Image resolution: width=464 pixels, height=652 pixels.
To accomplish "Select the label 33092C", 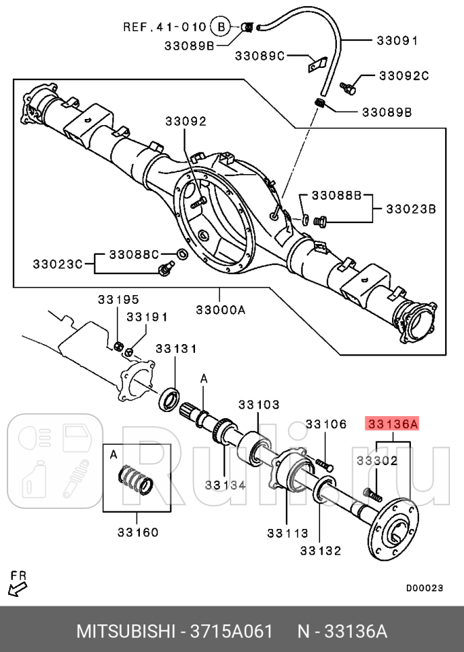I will [x=403, y=76].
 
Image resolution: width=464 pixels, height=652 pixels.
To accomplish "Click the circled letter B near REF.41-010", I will [x=221, y=28].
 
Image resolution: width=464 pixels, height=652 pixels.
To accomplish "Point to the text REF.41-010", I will [x=164, y=28].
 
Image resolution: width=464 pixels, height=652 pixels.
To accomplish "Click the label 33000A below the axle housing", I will [x=221, y=310].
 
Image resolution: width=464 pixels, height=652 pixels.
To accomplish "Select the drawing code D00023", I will [x=424, y=587].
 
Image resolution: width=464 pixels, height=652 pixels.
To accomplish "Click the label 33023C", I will [x=58, y=263].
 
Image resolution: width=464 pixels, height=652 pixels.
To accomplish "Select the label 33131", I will [x=176, y=349].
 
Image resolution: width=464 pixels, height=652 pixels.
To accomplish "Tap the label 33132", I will [x=321, y=551].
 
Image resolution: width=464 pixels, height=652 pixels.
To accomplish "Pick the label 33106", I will [x=325, y=424].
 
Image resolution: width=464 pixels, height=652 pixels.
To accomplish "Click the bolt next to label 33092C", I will [x=348, y=87].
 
